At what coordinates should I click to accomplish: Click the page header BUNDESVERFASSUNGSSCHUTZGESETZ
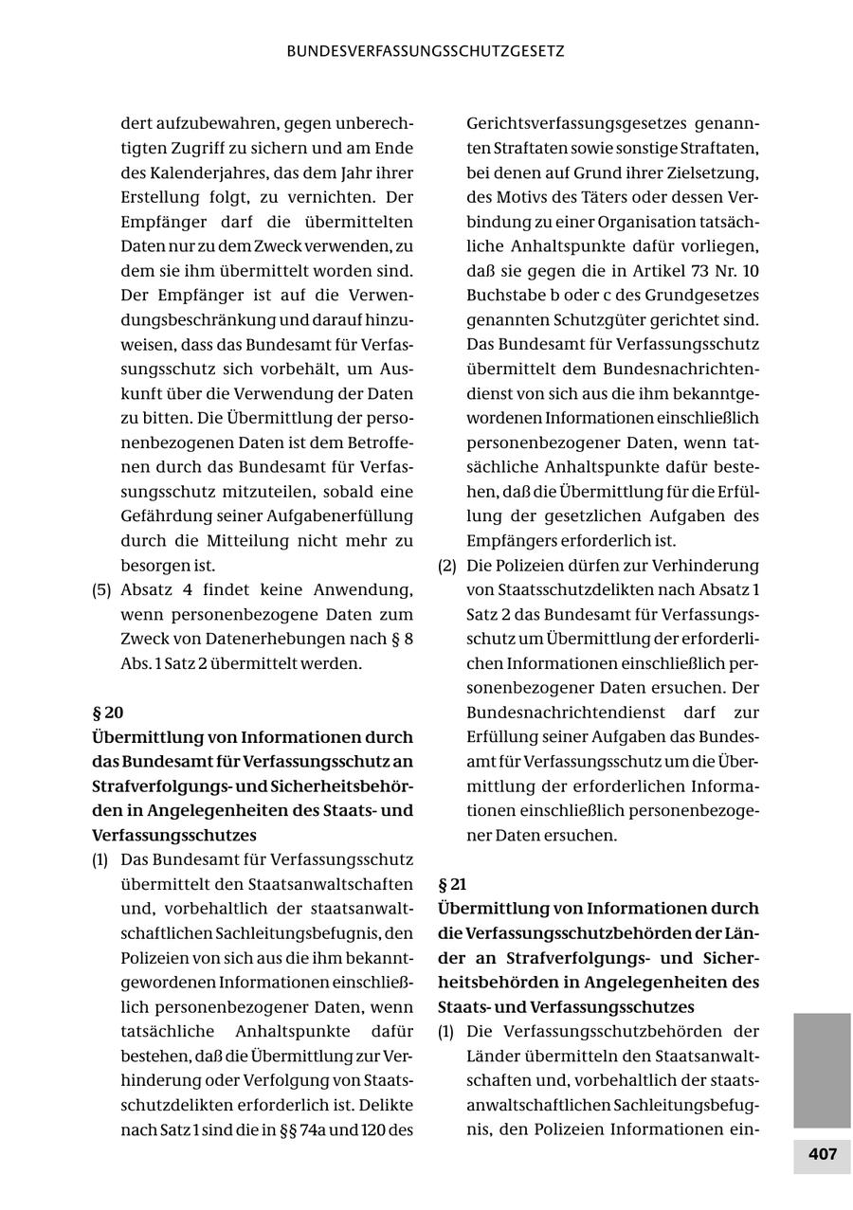[426, 51]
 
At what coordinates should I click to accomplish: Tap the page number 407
[822, 1154]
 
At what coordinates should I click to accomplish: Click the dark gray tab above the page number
[822, 1070]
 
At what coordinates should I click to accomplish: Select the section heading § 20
[108, 713]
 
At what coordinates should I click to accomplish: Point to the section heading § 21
[453, 885]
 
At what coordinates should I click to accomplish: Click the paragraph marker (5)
[101, 589]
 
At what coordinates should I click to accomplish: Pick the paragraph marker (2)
[447, 566]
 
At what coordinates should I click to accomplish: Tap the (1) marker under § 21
[447, 1031]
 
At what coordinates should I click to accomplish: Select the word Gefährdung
[171, 516]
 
